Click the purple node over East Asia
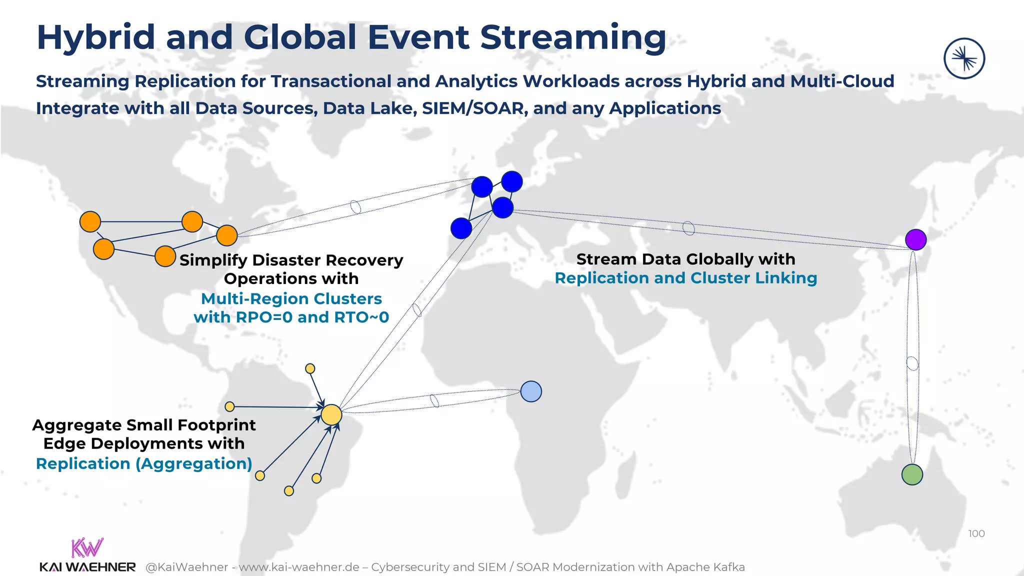[915, 239]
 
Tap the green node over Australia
[912, 474]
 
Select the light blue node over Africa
[531, 391]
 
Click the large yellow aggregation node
[331, 415]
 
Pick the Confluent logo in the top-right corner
[964, 58]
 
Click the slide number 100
[976, 533]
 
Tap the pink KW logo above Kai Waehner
[87, 547]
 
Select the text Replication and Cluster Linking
[685, 278]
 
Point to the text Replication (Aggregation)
[144, 463]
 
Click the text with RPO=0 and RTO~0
[291, 317]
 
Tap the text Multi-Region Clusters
[291, 298]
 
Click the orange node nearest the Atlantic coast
[227, 235]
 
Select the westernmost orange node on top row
[90, 221]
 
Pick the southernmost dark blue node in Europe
[461, 228]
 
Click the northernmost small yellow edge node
[310, 368]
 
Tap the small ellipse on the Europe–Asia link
[688, 228]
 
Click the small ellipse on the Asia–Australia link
[912, 363]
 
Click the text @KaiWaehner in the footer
[186, 567]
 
